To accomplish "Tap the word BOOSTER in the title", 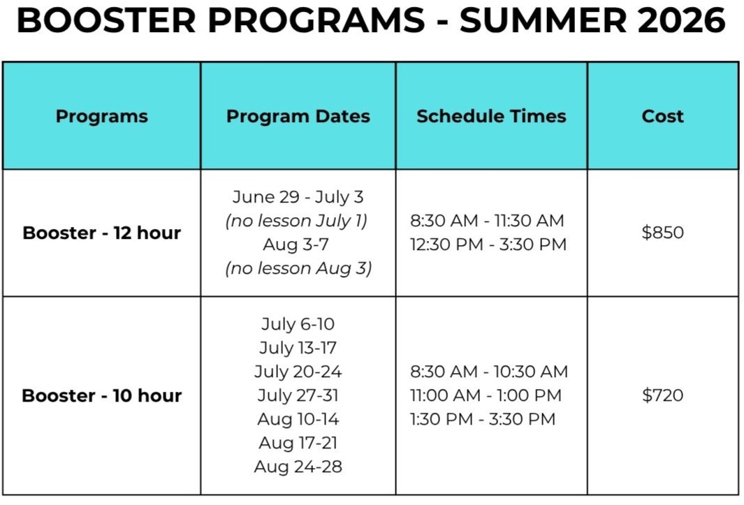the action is tap(106, 20).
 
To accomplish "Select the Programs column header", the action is tap(101, 116).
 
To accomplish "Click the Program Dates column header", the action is tap(298, 116).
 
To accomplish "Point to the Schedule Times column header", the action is tap(492, 116).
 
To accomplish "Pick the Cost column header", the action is tap(663, 116).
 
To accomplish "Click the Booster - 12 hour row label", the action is tap(101, 233).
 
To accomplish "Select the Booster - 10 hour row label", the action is tap(101, 395).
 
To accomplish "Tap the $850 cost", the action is tap(663, 232).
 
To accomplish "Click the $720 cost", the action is tap(663, 395).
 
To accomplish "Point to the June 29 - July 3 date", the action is tap(298, 197).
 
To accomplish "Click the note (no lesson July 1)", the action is tap(297, 221).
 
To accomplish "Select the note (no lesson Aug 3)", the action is tap(298, 268).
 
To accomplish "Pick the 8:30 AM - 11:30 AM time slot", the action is tap(488, 221).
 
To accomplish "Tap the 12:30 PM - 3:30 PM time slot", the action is tap(489, 244).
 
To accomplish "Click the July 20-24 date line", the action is tap(298, 372).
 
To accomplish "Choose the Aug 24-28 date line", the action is tap(298, 467).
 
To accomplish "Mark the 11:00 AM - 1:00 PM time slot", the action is tap(486, 395).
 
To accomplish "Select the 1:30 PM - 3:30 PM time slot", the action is tap(483, 419).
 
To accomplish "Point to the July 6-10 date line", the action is tap(298, 324).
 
